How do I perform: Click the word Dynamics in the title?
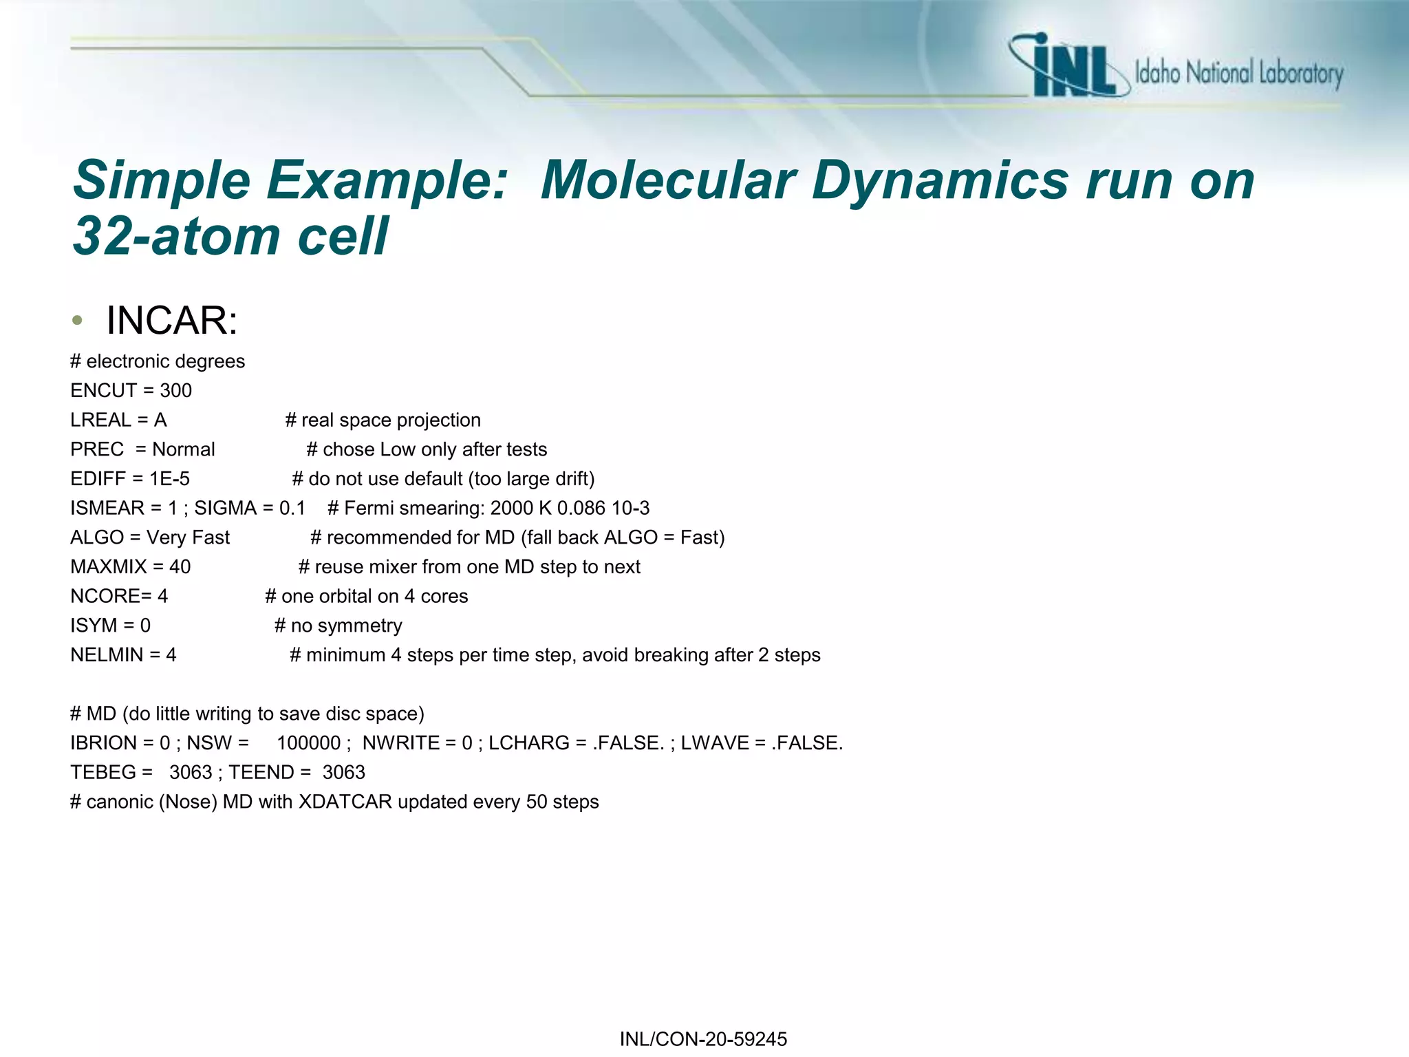(939, 180)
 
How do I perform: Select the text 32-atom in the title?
(175, 236)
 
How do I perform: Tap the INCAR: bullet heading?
(172, 321)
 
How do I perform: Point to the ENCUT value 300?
(176, 391)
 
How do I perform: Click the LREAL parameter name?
(100, 420)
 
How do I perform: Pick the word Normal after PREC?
(184, 449)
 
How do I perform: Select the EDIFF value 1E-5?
(170, 479)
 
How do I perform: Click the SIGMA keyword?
(225, 509)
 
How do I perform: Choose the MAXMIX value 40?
(180, 567)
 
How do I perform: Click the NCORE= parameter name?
(111, 597)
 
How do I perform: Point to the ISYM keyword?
(94, 626)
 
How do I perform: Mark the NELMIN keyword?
(107, 655)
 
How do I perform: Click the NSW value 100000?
(309, 743)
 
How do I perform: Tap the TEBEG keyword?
(103, 773)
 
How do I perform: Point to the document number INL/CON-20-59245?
(703, 1039)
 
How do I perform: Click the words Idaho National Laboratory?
(1238, 73)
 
